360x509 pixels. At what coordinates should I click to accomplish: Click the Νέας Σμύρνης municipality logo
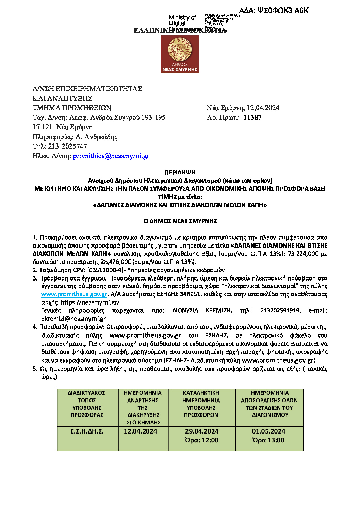pos(180,54)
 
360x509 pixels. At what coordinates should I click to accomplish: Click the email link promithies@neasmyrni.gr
pos(111,156)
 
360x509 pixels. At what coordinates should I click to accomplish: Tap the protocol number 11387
pos(252,118)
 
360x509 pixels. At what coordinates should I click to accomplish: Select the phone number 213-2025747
pos(68,147)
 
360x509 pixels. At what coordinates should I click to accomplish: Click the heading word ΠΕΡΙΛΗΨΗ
pos(180,172)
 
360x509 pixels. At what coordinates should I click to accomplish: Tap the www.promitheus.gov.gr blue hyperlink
pos(74,294)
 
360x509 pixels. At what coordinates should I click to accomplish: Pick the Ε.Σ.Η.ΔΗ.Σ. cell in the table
pos(87,431)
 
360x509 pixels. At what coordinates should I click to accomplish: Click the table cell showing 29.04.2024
pos(202,431)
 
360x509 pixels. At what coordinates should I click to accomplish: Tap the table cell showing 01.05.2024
pos(268,431)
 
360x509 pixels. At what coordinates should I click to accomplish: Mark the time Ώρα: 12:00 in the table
pos(202,440)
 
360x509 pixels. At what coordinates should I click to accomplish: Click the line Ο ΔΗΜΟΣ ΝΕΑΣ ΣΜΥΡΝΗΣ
pos(180,221)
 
